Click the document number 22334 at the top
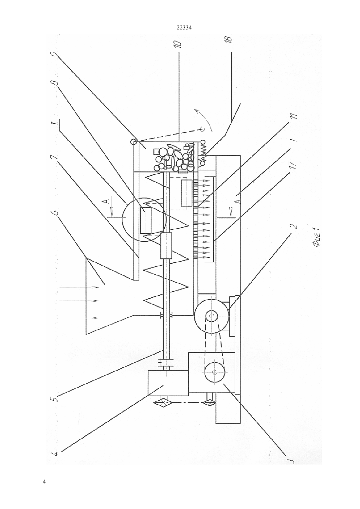pyautogui.click(x=184, y=28)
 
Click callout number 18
pyautogui.click(x=229, y=39)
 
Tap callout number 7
pyautogui.click(x=55, y=157)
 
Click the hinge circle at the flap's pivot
pyautogui.click(x=133, y=142)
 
